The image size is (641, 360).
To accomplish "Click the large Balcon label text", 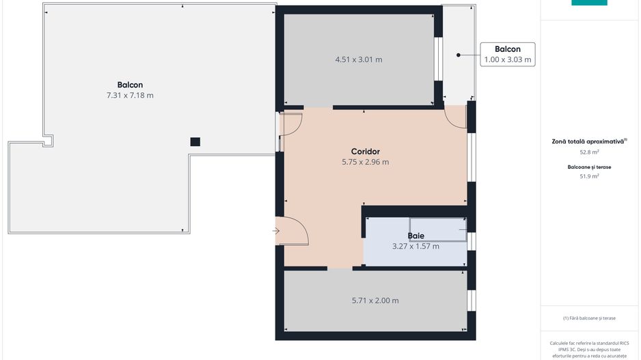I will [x=130, y=85].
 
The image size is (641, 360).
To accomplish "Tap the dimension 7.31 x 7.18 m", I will [x=130, y=96].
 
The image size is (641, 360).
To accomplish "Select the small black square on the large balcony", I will [x=195, y=141].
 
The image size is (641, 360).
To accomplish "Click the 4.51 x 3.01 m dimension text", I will [x=358, y=59].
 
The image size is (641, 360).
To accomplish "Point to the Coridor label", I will [x=365, y=152].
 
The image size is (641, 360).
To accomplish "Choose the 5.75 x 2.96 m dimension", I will [x=365, y=163].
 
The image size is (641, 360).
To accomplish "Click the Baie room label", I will [x=415, y=236].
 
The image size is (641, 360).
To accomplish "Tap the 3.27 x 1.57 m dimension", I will [x=415, y=246].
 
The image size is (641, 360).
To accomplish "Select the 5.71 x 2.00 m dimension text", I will [x=375, y=301].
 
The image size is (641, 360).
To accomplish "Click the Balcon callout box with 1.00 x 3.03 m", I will [x=507, y=54].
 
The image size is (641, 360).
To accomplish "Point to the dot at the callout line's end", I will [x=459, y=55].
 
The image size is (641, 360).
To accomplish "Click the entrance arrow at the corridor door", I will [x=276, y=232].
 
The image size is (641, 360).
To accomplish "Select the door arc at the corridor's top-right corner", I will [x=455, y=117].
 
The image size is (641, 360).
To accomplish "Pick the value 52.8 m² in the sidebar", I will [x=590, y=152].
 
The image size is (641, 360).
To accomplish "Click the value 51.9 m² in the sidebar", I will [x=590, y=176].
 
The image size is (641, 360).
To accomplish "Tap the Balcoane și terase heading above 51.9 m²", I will [x=589, y=167].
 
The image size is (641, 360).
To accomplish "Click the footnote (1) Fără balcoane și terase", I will [x=589, y=318].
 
